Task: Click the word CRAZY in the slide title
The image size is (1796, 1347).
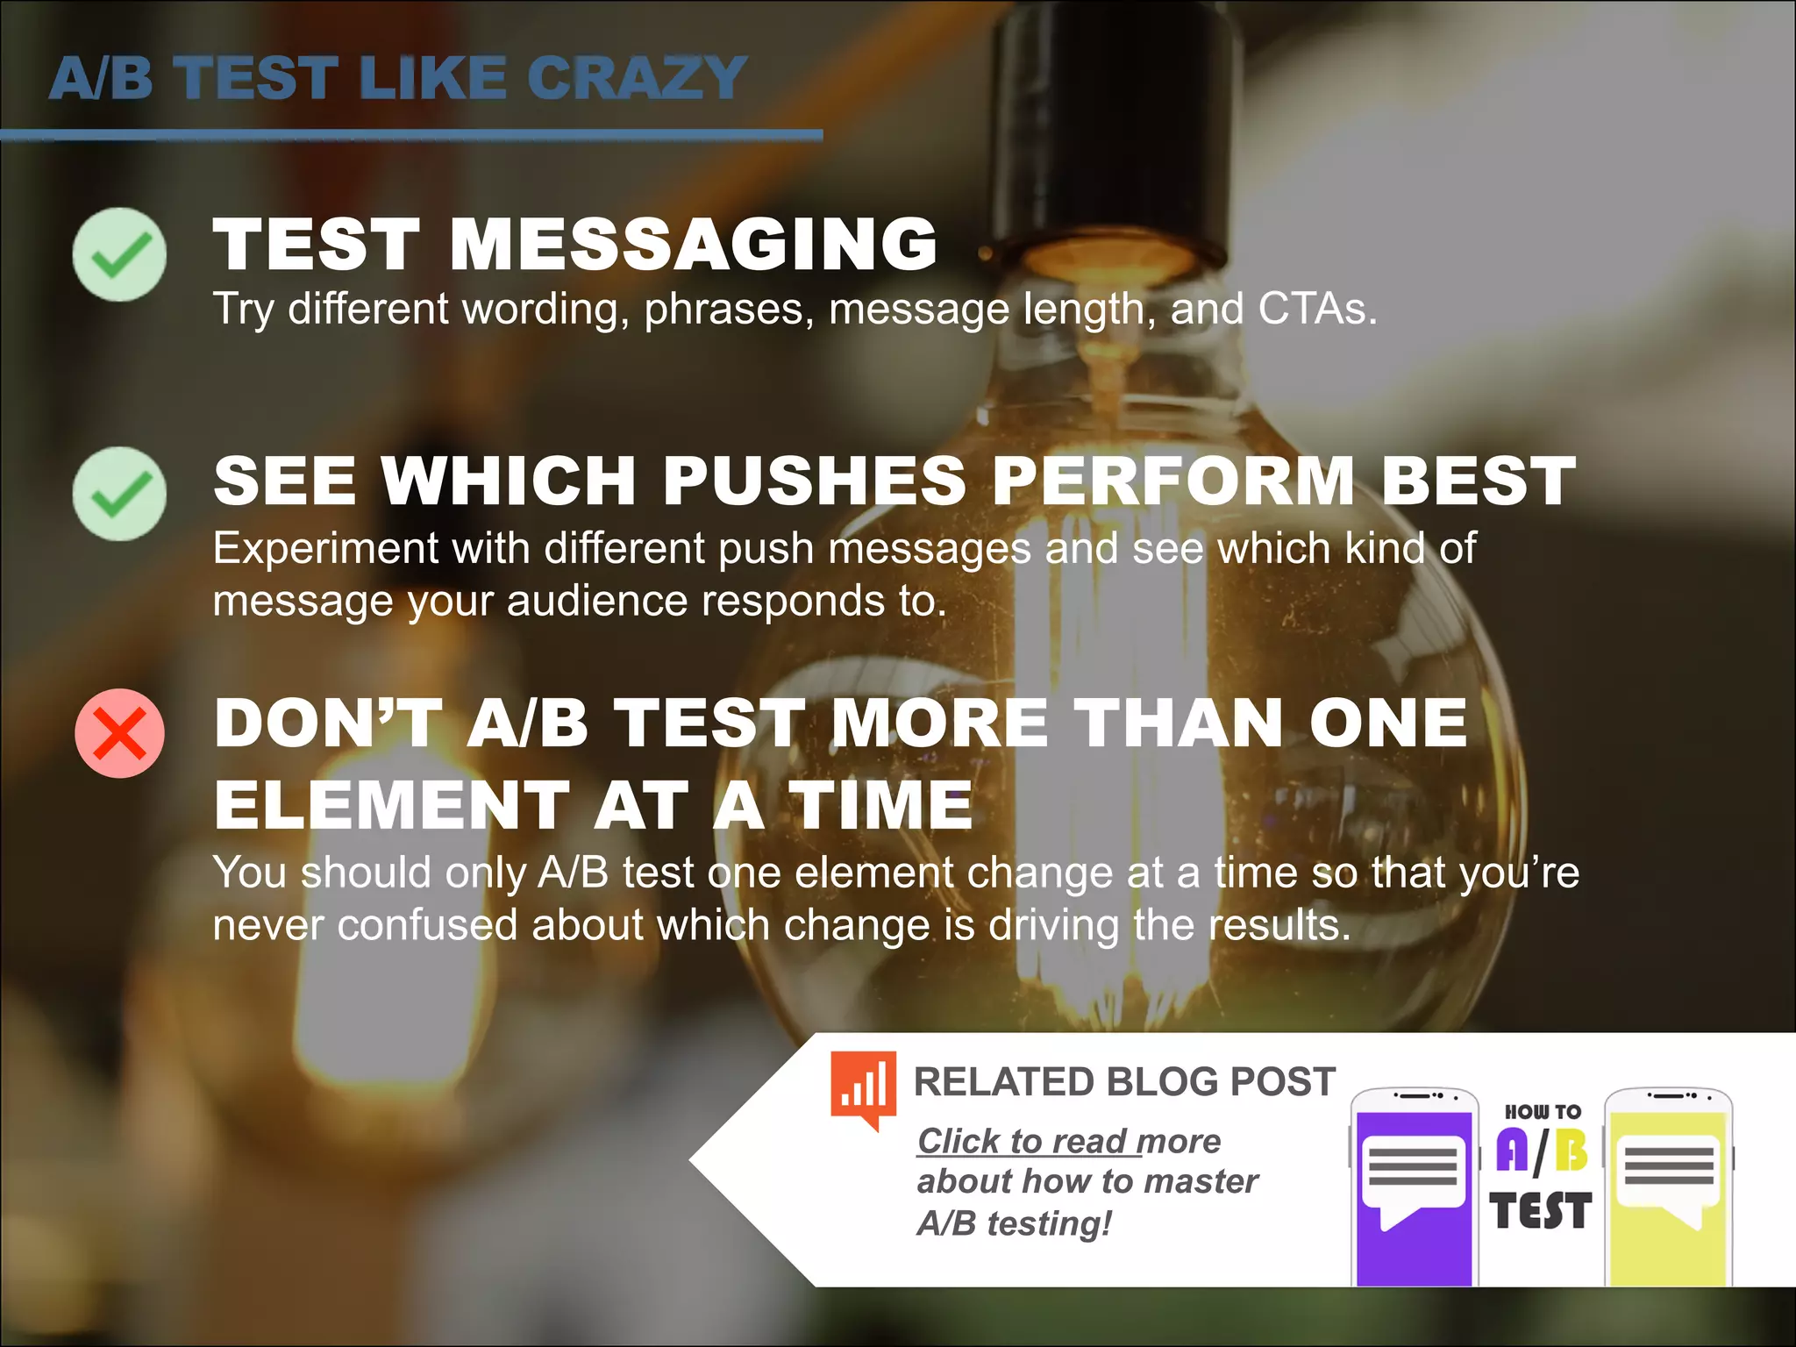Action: [637, 78]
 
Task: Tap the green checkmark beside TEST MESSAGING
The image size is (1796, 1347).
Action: [119, 254]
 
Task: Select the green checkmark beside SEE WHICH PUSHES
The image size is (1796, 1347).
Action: [119, 494]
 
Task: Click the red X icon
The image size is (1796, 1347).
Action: [119, 733]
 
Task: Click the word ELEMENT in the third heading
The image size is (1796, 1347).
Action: [391, 805]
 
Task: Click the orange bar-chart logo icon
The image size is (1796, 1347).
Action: [864, 1087]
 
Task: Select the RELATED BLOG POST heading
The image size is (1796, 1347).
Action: [1124, 1082]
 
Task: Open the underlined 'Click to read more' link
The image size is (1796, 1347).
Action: [1068, 1142]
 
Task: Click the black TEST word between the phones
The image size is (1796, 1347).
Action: [1540, 1211]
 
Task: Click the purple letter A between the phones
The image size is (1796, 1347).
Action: [1512, 1150]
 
